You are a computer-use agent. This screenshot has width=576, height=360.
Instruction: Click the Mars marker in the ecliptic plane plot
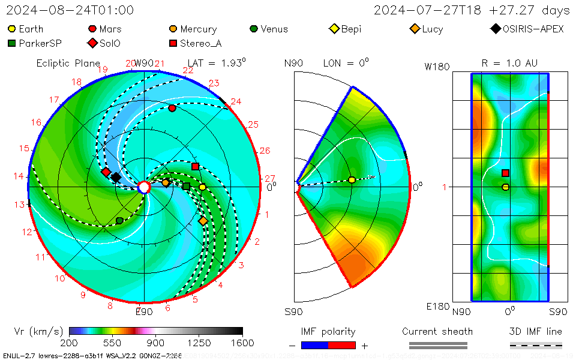coord(172,108)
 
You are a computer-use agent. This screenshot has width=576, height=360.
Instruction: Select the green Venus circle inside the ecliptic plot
coord(119,221)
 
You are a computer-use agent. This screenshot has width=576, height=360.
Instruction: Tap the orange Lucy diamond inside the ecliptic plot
coord(203,221)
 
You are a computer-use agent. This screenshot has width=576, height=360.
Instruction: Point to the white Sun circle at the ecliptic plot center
coord(144,188)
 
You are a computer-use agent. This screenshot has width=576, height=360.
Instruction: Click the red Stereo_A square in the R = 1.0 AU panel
coord(505,173)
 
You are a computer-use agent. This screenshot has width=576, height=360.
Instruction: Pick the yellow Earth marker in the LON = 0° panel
coord(352,180)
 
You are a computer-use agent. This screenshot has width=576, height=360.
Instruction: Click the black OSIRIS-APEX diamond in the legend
coord(495,29)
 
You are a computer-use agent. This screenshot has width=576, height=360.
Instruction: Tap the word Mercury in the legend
coord(198,29)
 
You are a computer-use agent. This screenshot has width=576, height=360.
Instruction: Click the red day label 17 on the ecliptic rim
coord(54,100)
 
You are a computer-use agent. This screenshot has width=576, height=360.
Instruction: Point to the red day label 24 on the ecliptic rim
coord(236,101)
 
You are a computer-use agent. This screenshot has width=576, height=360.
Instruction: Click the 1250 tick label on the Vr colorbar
coord(199,343)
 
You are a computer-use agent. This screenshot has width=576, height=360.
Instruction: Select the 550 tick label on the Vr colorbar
coord(112,343)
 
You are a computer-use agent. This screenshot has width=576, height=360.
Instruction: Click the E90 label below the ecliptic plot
coord(144,311)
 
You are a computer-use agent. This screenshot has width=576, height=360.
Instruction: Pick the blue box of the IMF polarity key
coord(314,345)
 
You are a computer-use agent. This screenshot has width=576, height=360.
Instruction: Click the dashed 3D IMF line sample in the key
coord(536,345)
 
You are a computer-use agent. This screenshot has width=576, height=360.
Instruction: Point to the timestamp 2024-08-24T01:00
coord(70,10)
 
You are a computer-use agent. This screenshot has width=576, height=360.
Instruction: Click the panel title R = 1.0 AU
coord(509,63)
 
